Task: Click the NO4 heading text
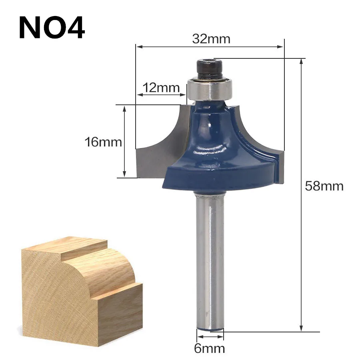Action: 52,28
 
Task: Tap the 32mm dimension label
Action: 211,39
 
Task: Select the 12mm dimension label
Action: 161,88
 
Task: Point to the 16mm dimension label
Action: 103,142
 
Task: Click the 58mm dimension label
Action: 324,186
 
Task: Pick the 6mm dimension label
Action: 209,348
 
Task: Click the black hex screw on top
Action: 209,69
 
